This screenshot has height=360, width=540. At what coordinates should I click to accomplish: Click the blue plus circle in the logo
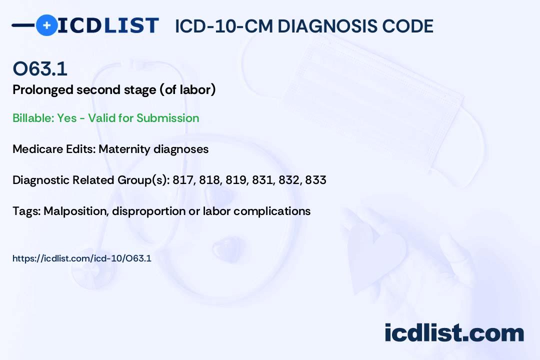tap(46, 25)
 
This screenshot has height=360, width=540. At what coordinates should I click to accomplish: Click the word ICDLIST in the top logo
tap(108, 25)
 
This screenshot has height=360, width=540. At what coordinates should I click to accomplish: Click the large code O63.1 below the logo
tap(40, 68)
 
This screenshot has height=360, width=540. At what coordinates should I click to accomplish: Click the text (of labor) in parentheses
tap(187, 89)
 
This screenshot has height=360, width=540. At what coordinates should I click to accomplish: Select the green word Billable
tap(33, 118)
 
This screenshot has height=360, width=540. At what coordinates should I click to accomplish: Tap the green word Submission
tap(168, 118)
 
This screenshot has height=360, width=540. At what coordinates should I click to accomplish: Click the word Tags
tap(26, 211)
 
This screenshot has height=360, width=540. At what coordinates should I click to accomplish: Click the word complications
tap(272, 211)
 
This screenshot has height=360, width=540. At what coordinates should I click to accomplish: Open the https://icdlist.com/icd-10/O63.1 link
tap(82, 258)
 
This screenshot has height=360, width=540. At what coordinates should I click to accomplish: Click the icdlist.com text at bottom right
tap(454, 332)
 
